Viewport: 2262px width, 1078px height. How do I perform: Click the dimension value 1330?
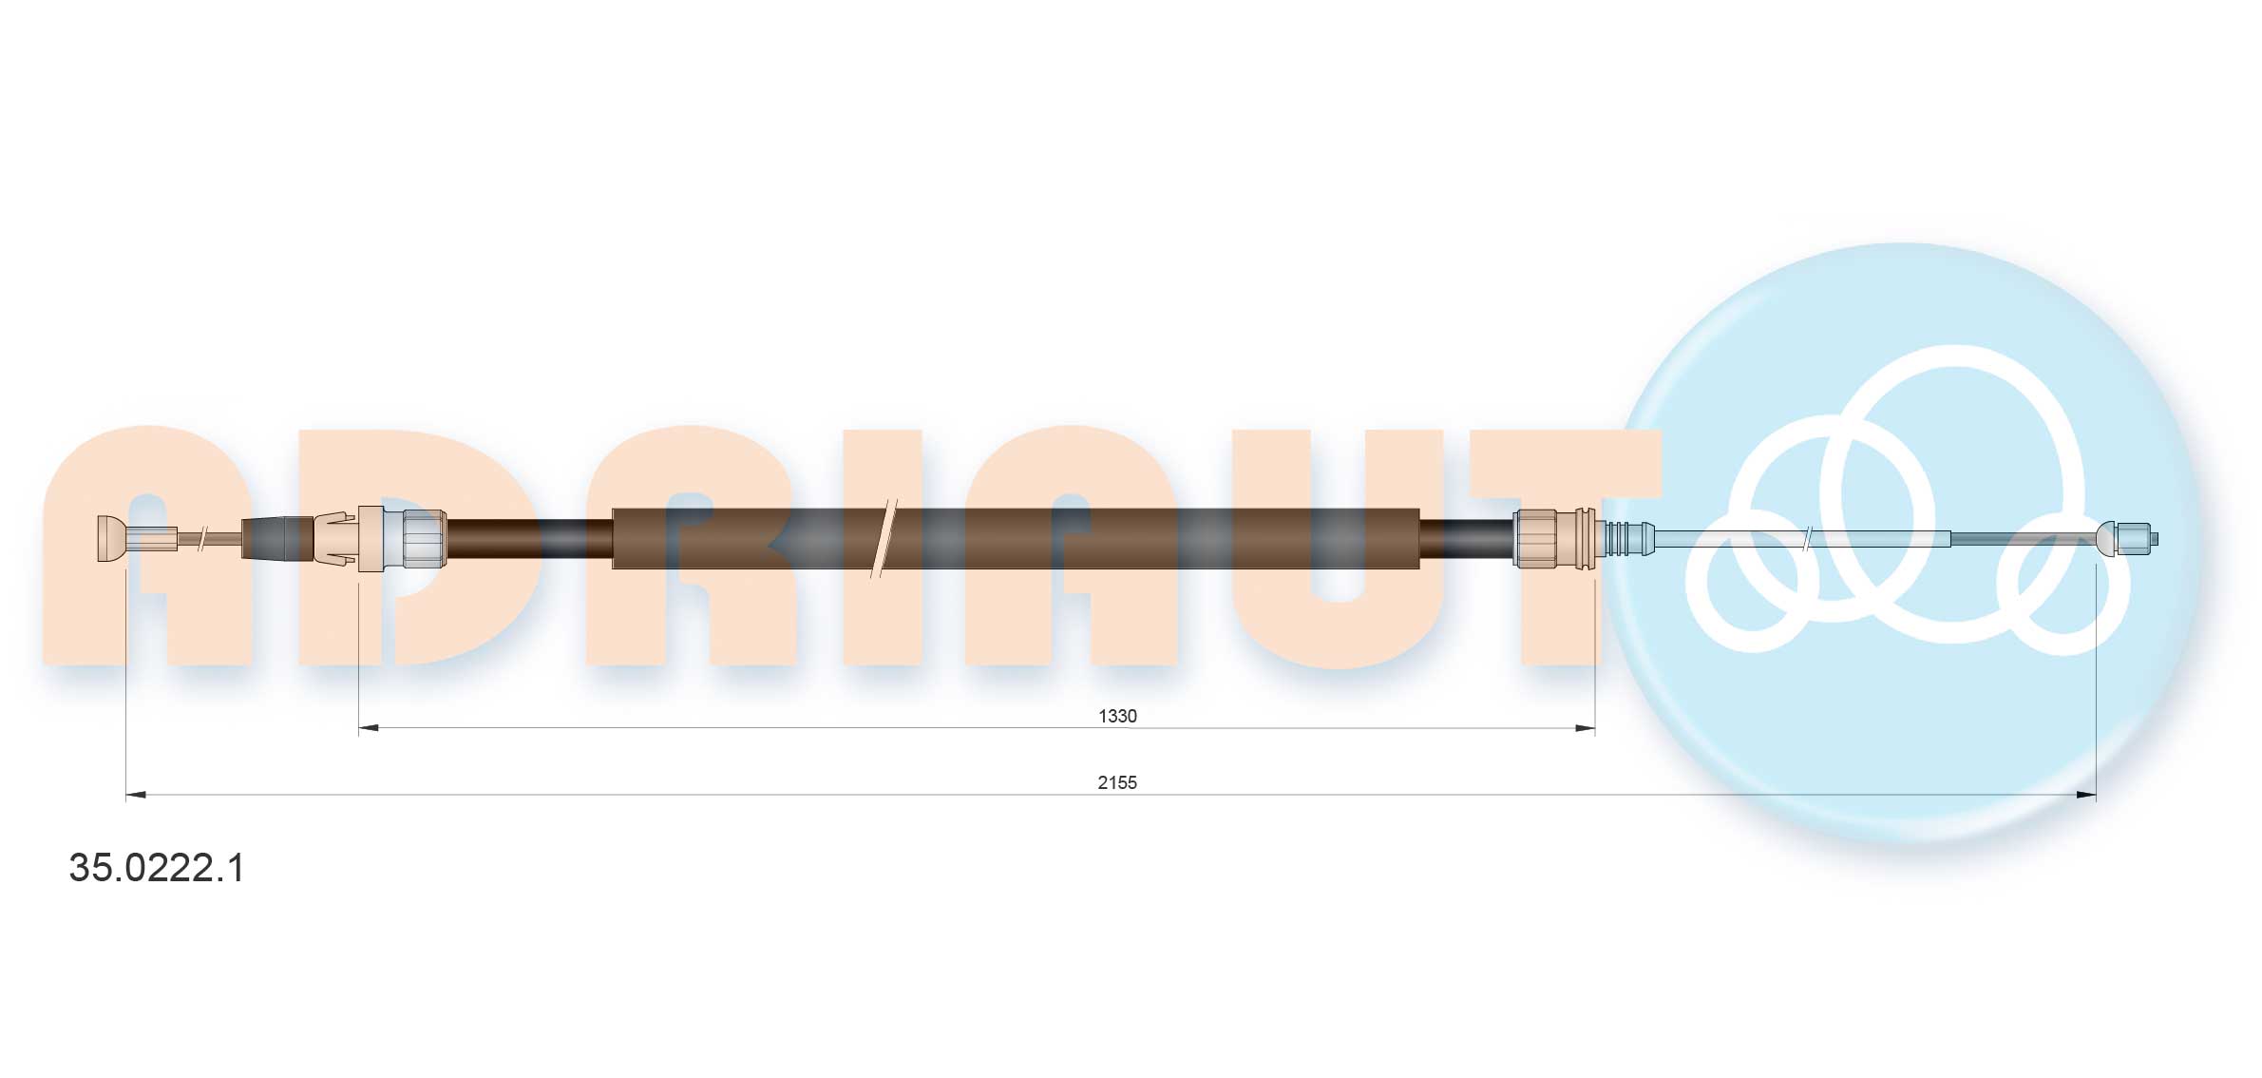click(1117, 716)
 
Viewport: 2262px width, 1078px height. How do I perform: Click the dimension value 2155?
click(1117, 782)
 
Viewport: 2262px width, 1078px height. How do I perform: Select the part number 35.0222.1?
click(157, 868)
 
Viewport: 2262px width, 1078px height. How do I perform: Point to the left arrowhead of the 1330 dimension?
click(369, 728)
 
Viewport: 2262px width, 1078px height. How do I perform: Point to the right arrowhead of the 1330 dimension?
click(1585, 728)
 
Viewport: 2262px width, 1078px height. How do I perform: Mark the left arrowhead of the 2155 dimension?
click(136, 795)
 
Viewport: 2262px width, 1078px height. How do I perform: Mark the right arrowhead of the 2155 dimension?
click(2086, 795)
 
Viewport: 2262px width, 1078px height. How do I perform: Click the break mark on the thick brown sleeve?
click(884, 538)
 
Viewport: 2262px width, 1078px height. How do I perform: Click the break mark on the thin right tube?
click(1808, 539)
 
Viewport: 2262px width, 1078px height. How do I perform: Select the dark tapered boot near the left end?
click(276, 538)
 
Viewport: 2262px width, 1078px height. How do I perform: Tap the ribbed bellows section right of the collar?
click(1625, 538)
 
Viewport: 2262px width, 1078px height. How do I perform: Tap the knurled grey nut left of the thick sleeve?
click(424, 538)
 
